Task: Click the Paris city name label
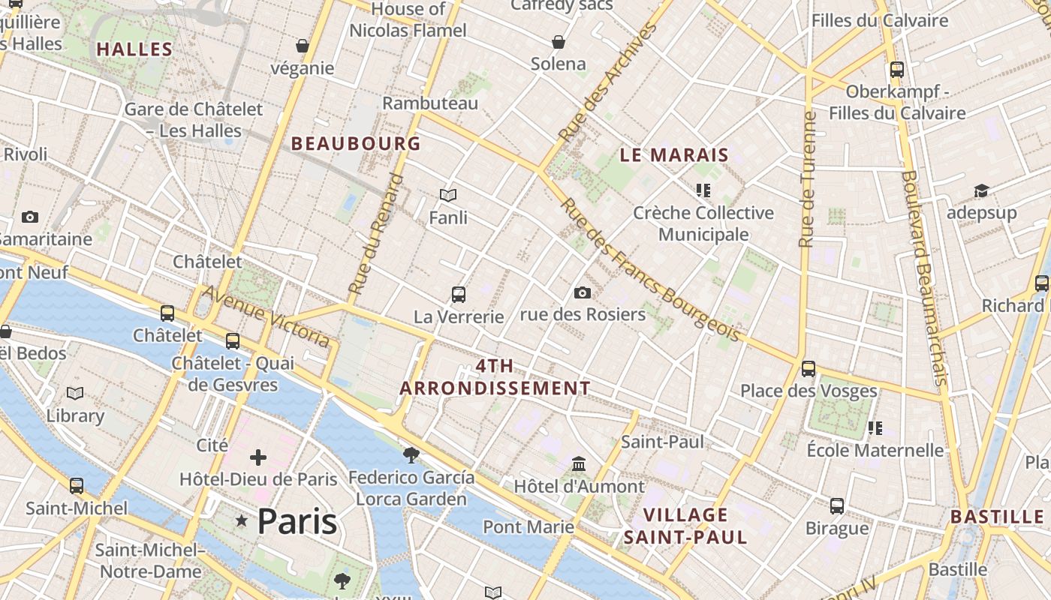tap(297, 520)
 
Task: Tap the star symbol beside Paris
tap(242, 520)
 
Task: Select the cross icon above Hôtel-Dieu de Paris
tap(258, 457)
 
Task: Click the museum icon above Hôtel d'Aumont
tap(579, 463)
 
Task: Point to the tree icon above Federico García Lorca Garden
tap(411, 454)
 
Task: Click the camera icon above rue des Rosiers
tap(582, 292)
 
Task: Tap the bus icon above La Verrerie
tap(459, 295)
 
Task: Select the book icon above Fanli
tap(448, 195)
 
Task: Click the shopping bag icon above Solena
tap(559, 41)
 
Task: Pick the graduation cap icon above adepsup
tap(981, 190)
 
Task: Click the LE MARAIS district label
tap(674, 155)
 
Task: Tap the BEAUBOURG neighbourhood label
tap(356, 143)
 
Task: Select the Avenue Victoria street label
tap(266, 316)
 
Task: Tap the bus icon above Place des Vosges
tap(809, 369)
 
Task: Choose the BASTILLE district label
tap(997, 517)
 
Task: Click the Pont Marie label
tap(528, 526)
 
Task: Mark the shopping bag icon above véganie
tap(303, 46)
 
